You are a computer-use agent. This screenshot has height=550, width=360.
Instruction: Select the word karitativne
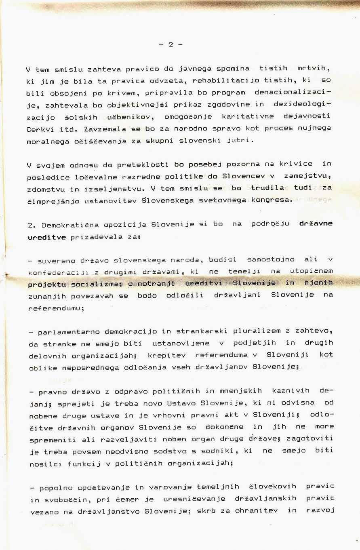[x=248, y=116]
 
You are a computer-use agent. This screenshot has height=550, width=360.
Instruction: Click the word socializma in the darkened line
[x=94, y=284]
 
